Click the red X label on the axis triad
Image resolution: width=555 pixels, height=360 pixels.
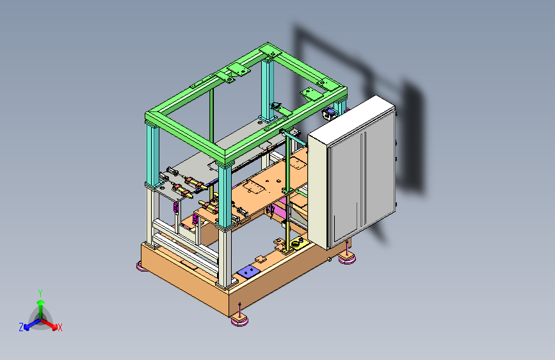(x=60, y=327)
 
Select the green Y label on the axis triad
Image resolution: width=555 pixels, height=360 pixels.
(x=40, y=293)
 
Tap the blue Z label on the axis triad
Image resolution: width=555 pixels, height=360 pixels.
(x=21, y=327)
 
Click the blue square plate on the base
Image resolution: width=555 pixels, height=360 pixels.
(x=248, y=272)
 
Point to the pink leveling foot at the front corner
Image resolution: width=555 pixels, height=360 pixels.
(x=239, y=321)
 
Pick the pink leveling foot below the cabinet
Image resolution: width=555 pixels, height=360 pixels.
(x=347, y=259)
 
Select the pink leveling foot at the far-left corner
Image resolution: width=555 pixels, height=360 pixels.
(x=142, y=266)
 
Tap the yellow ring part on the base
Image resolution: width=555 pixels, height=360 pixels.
(x=295, y=245)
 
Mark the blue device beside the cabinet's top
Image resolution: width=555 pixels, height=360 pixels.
(x=329, y=114)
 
